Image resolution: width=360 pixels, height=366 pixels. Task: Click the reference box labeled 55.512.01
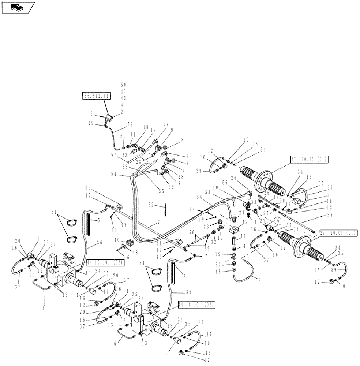[97, 96]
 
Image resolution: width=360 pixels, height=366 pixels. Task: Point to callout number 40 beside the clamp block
[117, 240]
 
